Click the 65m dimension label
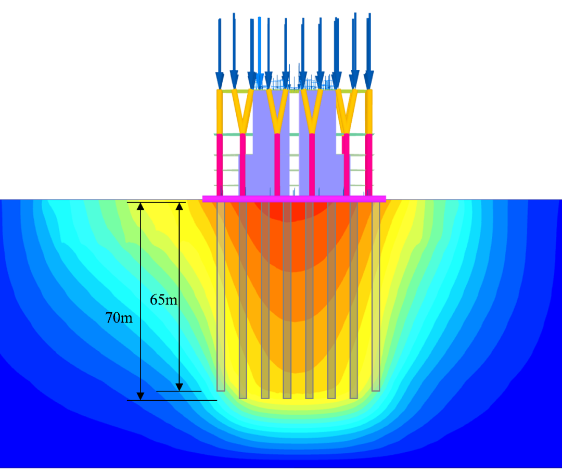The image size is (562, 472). coord(163,300)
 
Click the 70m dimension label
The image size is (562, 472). coord(119,317)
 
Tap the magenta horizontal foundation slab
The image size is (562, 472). coord(294,199)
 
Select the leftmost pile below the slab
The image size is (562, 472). coord(221,297)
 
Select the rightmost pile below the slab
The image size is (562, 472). coord(376,297)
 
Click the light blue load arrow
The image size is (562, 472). coord(260,52)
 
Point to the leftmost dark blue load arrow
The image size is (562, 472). coord(220,54)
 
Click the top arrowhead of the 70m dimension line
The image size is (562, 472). coord(140,206)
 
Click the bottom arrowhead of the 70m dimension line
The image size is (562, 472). coord(140,396)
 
